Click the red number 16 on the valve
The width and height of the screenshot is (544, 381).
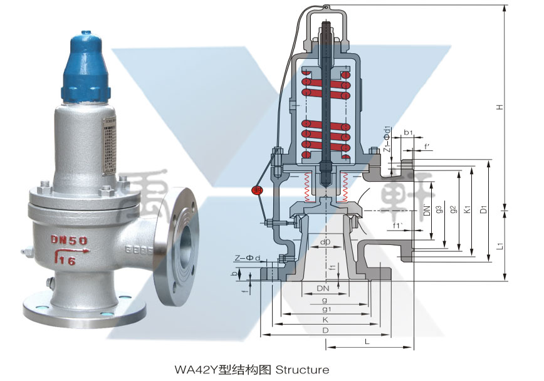tap(67, 261)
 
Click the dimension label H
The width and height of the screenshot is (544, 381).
tap(500, 107)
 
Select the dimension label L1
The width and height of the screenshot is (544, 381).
tap(500, 247)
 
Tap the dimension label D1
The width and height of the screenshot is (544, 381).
tap(483, 209)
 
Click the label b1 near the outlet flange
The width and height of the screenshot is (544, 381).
tap(408, 133)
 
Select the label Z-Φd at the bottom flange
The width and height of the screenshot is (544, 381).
tap(247, 258)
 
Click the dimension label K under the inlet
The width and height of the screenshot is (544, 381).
tap(325, 320)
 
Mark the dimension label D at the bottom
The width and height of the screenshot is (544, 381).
tap(325, 330)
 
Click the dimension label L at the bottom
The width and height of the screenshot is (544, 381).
tap(367, 342)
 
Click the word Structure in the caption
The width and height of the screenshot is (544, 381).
tap(302, 370)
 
